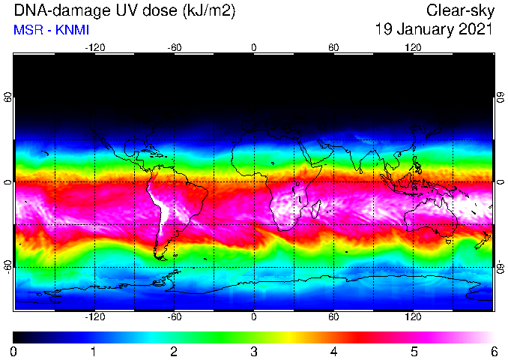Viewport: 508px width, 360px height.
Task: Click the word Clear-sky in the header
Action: point(460,10)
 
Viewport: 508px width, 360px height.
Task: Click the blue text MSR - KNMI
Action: point(51,30)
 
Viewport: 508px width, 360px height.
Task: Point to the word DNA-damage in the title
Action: point(61,10)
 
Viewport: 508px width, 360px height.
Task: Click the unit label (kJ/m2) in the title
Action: point(209,11)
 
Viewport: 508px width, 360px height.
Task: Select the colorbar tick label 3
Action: point(254,352)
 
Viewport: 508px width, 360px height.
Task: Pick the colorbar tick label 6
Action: point(495,352)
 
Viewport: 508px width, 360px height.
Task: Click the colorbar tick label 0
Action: point(13,352)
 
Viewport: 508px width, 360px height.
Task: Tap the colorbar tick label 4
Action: point(334,352)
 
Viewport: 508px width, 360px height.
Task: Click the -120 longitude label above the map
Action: point(95,48)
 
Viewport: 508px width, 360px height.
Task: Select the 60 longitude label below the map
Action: point(333,316)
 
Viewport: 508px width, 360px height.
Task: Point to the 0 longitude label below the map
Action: point(254,316)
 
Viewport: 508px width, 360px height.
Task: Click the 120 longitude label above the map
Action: point(413,48)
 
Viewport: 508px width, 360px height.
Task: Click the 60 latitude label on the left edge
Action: point(7,97)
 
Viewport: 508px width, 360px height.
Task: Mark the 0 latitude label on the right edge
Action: point(501,182)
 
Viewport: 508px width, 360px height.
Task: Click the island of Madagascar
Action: point(316,209)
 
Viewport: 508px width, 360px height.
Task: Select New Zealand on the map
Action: point(483,240)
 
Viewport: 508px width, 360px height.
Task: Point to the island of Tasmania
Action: point(448,241)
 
